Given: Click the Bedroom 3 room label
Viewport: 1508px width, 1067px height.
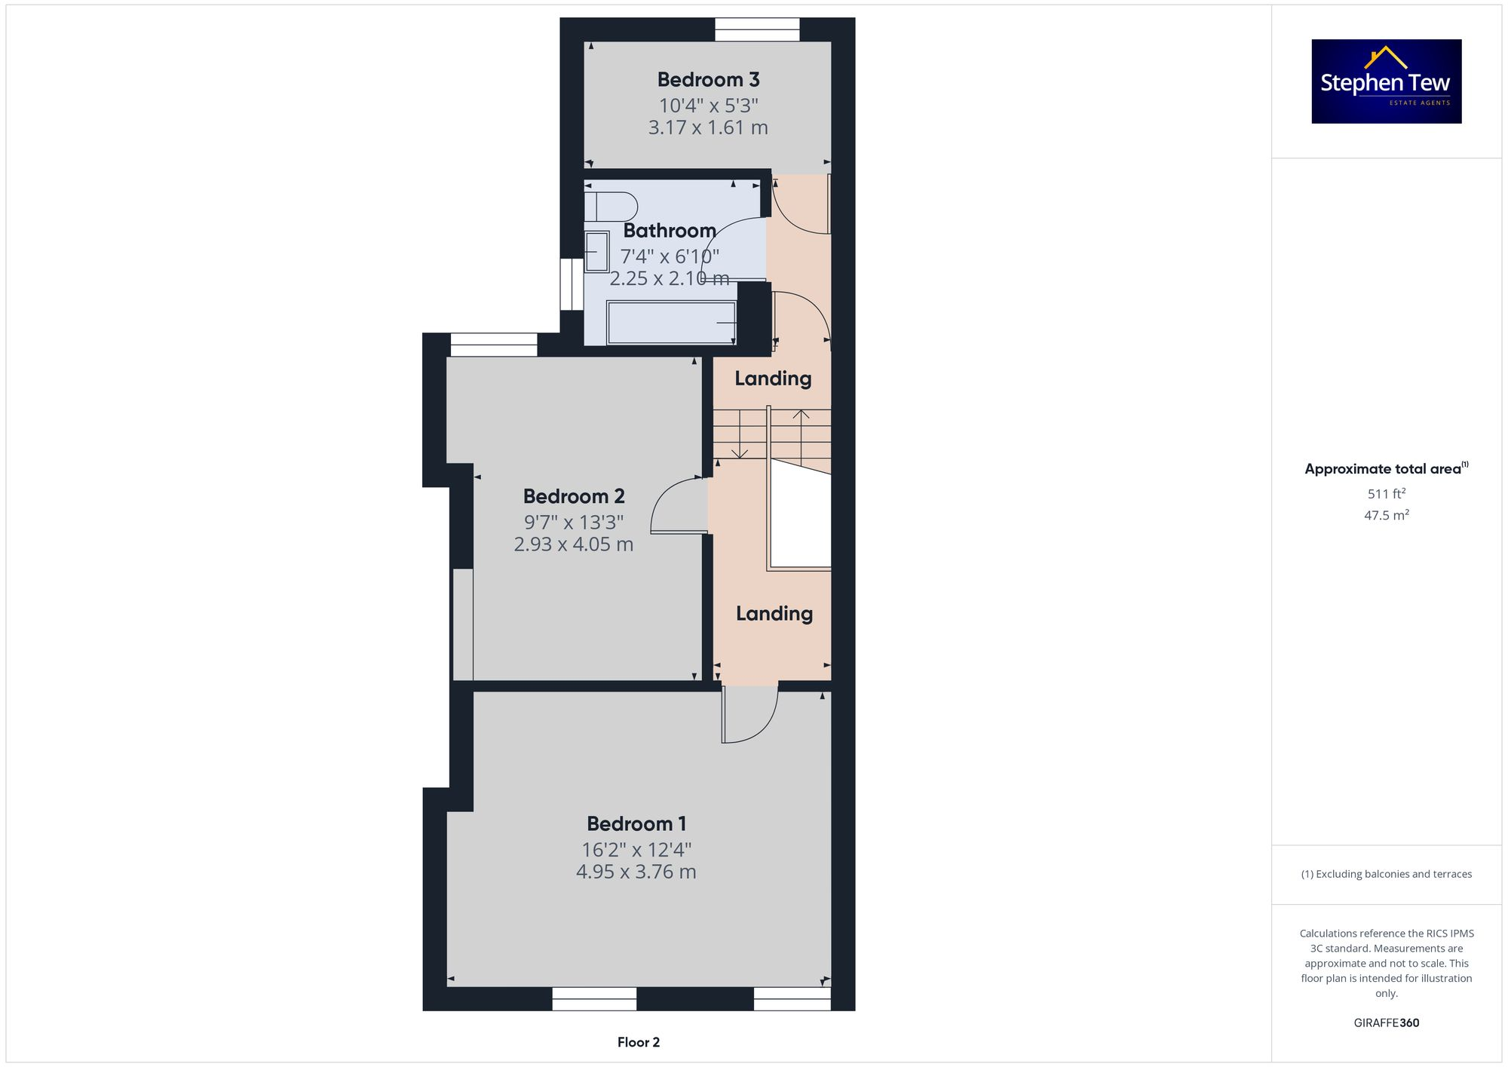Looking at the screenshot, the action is click(x=708, y=79).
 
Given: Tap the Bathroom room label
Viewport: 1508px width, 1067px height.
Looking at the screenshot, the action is click(x=670, y=230).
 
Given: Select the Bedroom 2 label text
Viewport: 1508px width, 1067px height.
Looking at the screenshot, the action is click(x=574, y=496).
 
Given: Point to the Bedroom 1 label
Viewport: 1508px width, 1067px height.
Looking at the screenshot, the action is click(x=636, y=823).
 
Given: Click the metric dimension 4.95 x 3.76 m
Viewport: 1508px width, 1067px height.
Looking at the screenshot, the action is click(x=636, y=872).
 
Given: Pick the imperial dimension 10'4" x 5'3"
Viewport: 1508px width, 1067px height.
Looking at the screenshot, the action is click(x=709, y=106).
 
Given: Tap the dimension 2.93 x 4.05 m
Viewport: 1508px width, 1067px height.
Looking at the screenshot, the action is click(x=574, y=544).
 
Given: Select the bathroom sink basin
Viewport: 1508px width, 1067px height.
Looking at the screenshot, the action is click(x=596, y=252).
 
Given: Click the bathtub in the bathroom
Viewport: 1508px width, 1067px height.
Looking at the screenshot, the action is click(x=671, y=323).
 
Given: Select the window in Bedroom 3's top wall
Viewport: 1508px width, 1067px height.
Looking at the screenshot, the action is click(x=757, y=29).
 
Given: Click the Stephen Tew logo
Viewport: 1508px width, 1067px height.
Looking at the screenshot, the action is click(x=1387, y=81).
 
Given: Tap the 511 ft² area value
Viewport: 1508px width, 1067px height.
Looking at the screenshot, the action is click(x=1387, y=494).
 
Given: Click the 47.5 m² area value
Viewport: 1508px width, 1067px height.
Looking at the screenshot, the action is click(x=1387, y=515).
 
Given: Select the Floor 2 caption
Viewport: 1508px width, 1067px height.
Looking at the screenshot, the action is click(x=639, y=1042).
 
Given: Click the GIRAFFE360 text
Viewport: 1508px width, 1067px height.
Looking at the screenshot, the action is click(x=1387, y=1023).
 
